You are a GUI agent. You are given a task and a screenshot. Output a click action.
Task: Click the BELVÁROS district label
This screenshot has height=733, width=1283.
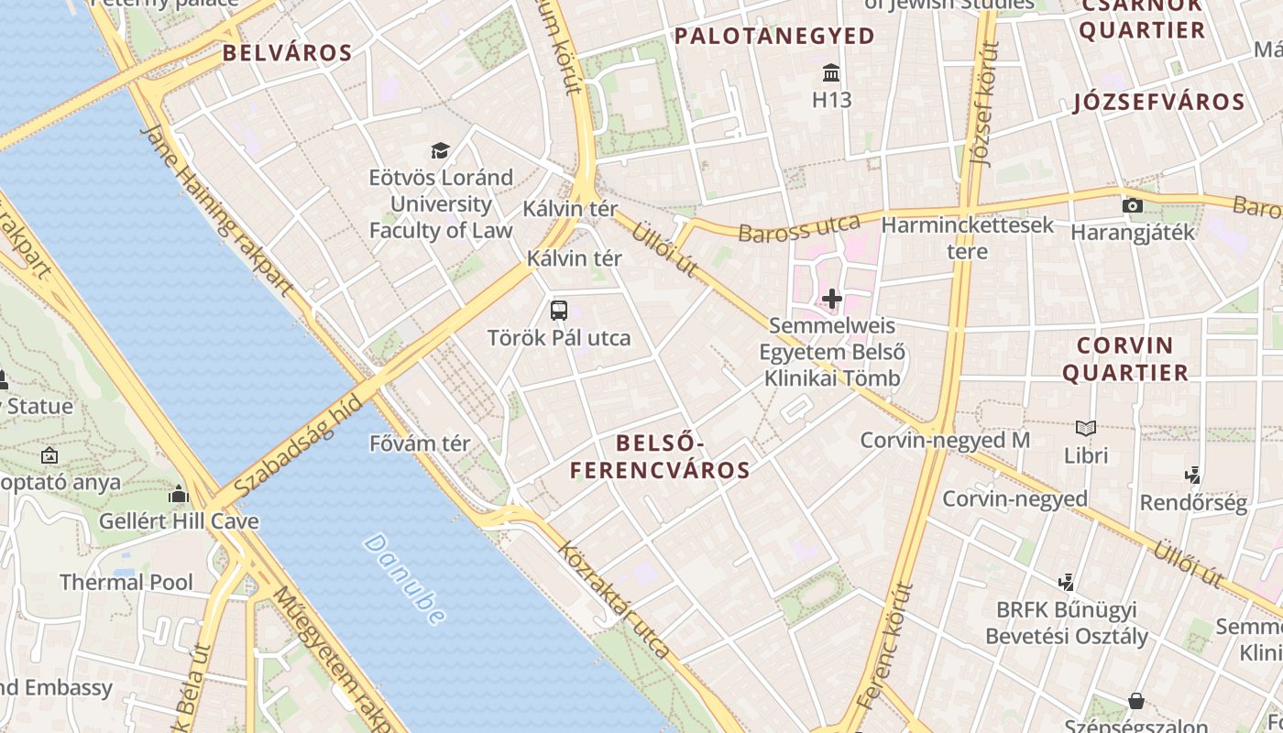tap(288, 53)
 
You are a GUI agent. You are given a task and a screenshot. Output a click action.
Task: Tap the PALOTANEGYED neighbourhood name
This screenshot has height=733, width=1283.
tap(774, 37)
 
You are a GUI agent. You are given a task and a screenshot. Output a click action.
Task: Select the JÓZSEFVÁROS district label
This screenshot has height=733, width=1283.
tap(1159, 102)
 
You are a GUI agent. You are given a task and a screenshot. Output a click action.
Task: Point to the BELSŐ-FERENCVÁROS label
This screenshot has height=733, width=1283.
tap(660, 457)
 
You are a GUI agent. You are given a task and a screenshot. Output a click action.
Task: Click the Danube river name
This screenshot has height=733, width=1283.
tap(405, 579)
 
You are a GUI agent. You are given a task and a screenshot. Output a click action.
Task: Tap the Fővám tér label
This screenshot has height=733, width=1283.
tap(420, 443)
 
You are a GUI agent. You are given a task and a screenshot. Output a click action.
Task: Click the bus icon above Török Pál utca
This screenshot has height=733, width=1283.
tap(559, 310)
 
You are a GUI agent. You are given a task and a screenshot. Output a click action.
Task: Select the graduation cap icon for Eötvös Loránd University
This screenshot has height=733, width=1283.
tap(441, 150)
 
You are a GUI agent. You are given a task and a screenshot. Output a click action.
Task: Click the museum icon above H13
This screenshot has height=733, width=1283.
tap(831, 72)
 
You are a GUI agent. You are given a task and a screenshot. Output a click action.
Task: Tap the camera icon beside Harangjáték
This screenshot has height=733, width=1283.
tap(1133, 205)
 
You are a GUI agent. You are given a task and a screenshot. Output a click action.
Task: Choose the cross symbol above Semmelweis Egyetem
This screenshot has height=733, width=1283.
tap(832, 299)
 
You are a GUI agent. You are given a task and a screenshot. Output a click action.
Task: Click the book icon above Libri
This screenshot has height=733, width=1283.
tap(1086, 428)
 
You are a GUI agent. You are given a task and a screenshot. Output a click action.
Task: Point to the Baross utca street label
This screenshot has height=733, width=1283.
tap(799, 227)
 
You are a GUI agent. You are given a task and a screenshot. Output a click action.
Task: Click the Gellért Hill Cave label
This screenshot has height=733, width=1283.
tap(179, 521)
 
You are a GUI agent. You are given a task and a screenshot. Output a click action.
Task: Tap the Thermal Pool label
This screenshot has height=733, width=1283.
tap(126, 582)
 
